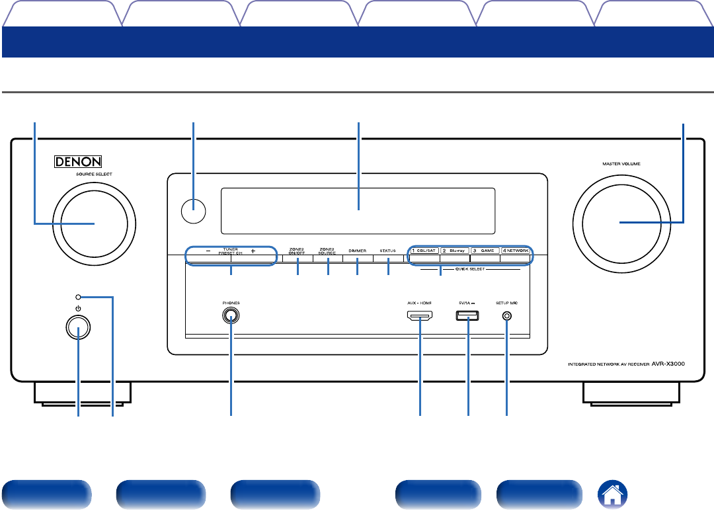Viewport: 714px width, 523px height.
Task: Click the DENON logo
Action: click(79, 161)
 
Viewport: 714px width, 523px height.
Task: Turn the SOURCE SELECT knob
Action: click(95, 223)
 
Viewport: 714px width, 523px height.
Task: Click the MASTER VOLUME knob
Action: click(621, 223)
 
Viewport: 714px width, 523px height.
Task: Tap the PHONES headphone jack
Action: click(231, 316)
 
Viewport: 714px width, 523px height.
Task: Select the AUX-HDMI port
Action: click(420, 316)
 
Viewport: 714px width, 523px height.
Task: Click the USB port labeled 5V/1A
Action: click(467, 316)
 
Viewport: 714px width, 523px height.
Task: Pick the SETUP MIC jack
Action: click(507, 316)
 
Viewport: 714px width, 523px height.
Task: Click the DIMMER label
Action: click(357, 251)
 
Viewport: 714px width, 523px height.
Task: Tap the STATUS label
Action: click(387, 251)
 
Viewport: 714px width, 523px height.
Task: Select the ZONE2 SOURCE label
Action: click(327, 251)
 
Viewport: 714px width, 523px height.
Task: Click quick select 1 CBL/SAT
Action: click(424, 251)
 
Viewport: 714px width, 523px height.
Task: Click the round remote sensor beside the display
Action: click(192, 211)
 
